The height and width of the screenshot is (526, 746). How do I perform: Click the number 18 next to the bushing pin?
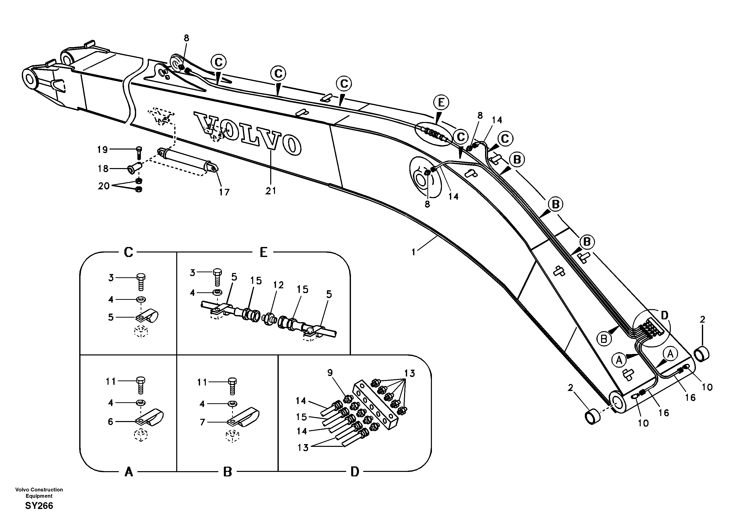click(103, 169)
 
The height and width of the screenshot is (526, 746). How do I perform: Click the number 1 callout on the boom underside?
click(413, 252)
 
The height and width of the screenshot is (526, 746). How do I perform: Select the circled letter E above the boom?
click(441, 103)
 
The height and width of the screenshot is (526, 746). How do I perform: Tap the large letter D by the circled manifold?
click(665, 315)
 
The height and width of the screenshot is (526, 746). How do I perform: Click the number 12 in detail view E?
click(278, 285)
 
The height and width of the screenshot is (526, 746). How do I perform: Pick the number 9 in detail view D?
click(330, 373)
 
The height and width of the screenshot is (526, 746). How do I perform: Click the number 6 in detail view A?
click(111, 422)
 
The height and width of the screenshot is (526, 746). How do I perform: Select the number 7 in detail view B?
click(203, 422)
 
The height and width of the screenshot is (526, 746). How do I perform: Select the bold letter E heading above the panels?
click(263, 252)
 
